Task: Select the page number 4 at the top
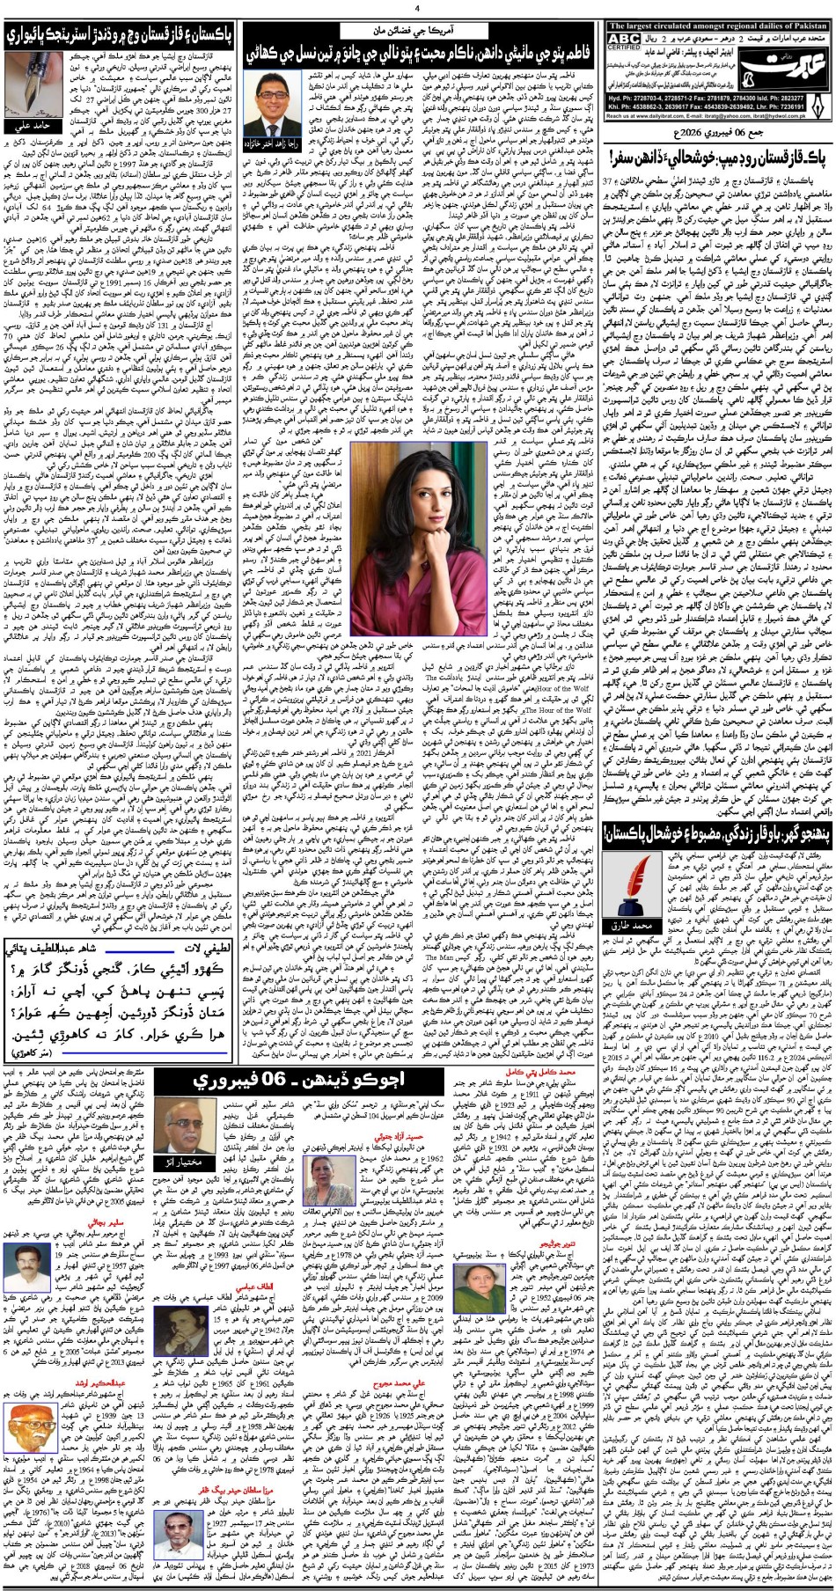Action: tap(418, 10)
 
